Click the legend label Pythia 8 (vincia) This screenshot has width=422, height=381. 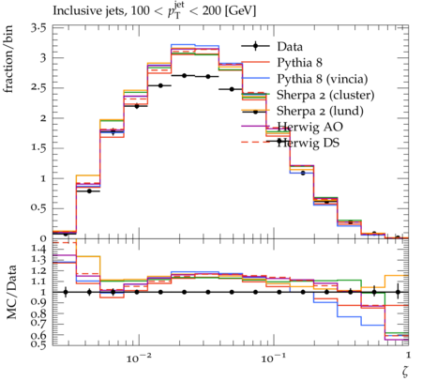(x=323, y=79)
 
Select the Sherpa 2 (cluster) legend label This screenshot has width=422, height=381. (x=325, y=95)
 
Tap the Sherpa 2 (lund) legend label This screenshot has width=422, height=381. (x=320, y=111)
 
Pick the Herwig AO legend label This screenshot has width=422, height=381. (x=309, y=127)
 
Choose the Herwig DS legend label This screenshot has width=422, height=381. (x=309, y=143)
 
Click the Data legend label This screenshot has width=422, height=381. (x=290, y=47)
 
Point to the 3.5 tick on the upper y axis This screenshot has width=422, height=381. (x=38, y=28)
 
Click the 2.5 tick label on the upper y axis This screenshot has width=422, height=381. (x=38, y=87)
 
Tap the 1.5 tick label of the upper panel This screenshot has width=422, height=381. (x=38, y=147)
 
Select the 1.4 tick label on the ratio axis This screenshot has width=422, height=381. (x=38, y=249)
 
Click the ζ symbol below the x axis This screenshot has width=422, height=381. (x=405, y=372)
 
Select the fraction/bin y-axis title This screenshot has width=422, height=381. (x=8, y=58)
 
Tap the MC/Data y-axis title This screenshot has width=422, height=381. (x=11, y=292)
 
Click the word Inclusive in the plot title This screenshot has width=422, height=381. (x=73, y=10)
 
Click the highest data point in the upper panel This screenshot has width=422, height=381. (x=184, y=76)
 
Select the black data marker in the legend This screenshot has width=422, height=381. (x=255, y=46)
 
